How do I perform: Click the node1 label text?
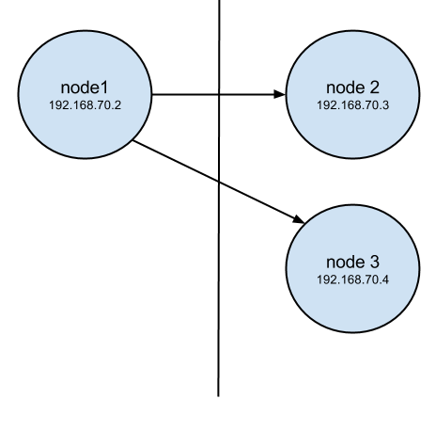(85, 88)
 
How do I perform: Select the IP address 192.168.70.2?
(85, 105)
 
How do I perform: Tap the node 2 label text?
(352, 88)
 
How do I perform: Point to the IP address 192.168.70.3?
(352, 105)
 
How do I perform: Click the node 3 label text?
(352, 262)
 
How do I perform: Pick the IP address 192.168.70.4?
(352, 279)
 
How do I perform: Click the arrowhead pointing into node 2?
(280, 94)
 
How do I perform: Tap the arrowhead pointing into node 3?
(299, 219)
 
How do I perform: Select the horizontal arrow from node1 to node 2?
(219, 94)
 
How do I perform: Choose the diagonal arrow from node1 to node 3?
(219, 182)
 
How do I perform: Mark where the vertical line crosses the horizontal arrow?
(219, 94)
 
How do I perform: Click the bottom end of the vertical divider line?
(218, 396)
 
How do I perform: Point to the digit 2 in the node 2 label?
(374, 88)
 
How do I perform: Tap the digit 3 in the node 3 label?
(374, 262)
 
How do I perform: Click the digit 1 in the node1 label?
(104, 88)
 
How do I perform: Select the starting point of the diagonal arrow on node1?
(133, 140)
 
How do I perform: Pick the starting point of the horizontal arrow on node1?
(152, 94)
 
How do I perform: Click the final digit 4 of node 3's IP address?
(385, 279)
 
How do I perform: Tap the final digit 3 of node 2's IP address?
(385, 105)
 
